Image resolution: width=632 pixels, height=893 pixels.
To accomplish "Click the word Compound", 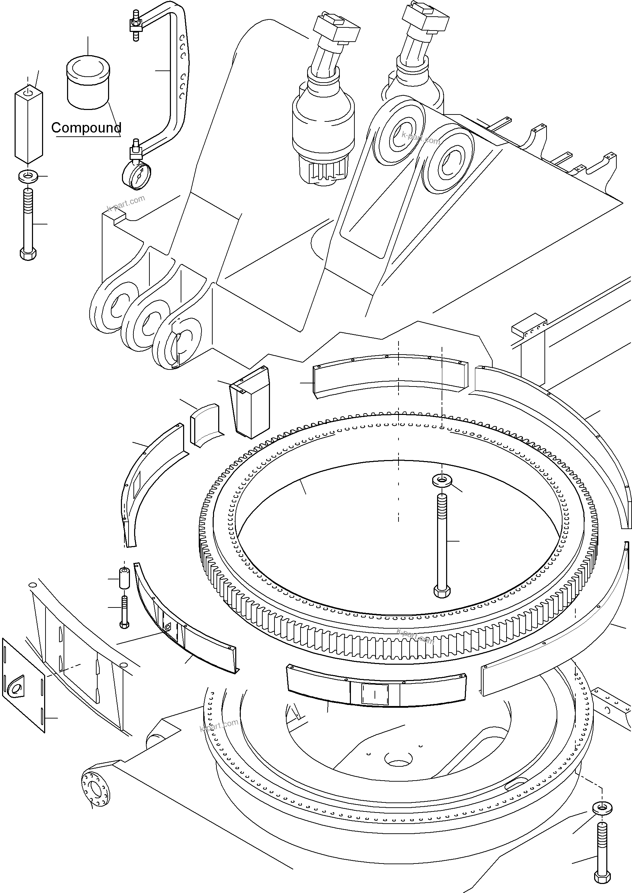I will (86, 128).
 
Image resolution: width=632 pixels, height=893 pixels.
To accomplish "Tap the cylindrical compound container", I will (88, 84).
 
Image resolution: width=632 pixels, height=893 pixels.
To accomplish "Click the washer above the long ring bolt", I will (442, 481).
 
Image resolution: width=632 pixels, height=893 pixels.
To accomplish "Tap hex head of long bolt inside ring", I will (442, 592).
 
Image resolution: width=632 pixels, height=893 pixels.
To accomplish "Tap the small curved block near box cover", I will (204, 425).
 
